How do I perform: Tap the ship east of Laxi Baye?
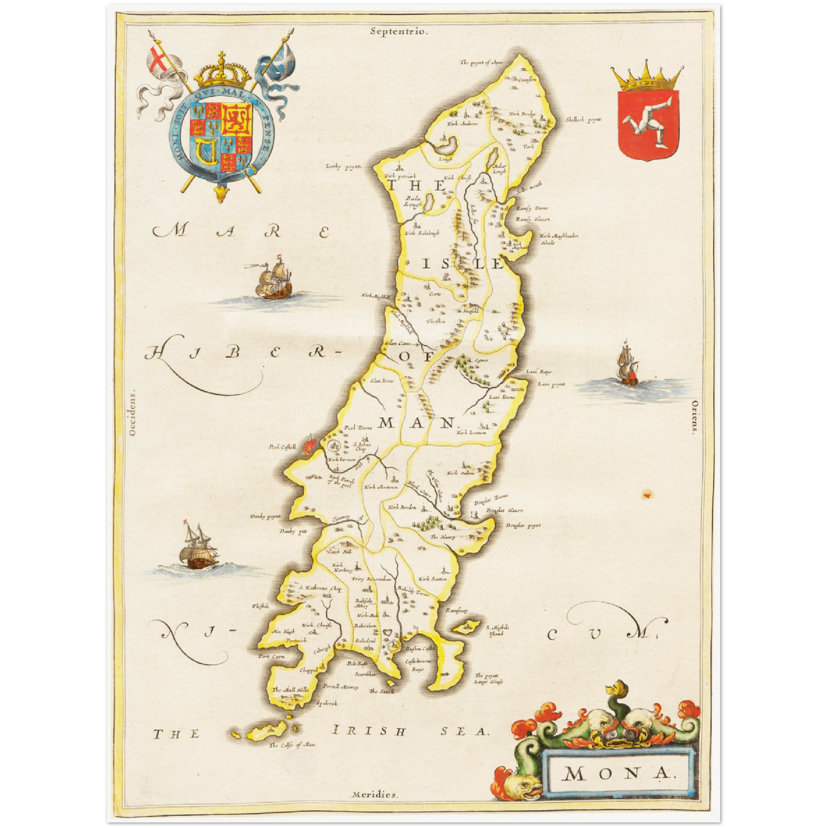pyautogui.click(x=626, y=367)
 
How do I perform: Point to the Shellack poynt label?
pyautogui.click(x=583, y=120)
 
